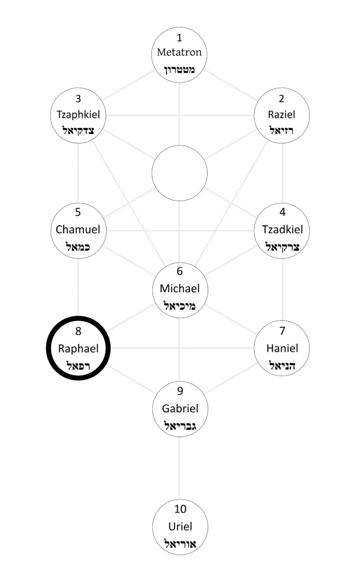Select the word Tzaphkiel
click(78, 114)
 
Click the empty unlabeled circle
click(180, 173)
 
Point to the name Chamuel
click(78, 230)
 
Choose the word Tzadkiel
click(282, 230)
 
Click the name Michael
click(180, 288)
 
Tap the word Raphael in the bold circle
click(78, 348)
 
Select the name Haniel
click(282, 348)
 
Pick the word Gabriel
click(180, 408)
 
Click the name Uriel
click(180, 526)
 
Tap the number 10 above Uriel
click(180, 509)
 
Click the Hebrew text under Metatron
click(180, 69)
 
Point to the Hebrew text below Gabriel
click(180, 425)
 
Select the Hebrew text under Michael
click(180, 306)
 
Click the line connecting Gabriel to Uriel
click(180, 466)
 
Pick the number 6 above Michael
click(180, 271)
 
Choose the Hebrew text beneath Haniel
click(282, 365)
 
